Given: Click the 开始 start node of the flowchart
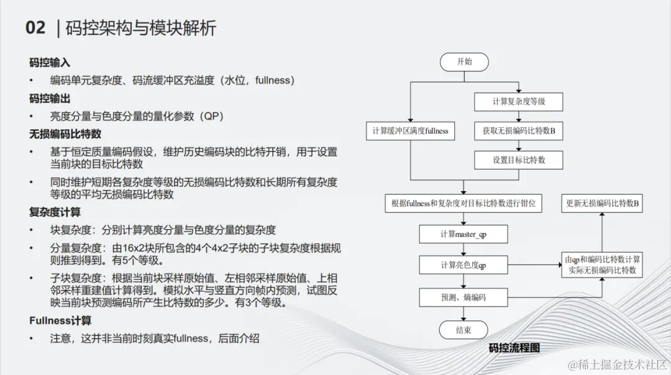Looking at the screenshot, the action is tap(463, 61).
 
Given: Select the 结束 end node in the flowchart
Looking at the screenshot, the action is tap(463, 329).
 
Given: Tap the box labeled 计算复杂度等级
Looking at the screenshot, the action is tap(519, 101).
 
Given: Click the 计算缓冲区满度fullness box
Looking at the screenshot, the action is tap(410, 131).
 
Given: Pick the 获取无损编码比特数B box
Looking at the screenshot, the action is tap(519, 131).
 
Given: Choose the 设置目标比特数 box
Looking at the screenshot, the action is tap(519, 160).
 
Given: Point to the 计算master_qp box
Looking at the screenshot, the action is tap(463, 234).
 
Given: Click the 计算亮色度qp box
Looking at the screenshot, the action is tap(463, 265).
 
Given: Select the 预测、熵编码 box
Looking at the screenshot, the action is tap(463, 297).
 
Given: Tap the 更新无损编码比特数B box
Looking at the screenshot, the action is tap(602, 203).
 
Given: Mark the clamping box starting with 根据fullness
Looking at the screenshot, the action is tap(463, 203).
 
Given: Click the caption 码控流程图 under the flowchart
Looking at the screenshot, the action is tap(514, 348).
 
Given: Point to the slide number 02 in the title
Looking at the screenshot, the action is tap(35, 28).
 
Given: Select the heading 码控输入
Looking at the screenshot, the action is tap(50, 63).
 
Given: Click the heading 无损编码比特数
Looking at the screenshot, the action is tap(65, 134).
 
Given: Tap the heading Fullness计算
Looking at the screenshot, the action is tap(60, 320).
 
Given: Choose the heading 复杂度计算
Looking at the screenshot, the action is tap(55, 212).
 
